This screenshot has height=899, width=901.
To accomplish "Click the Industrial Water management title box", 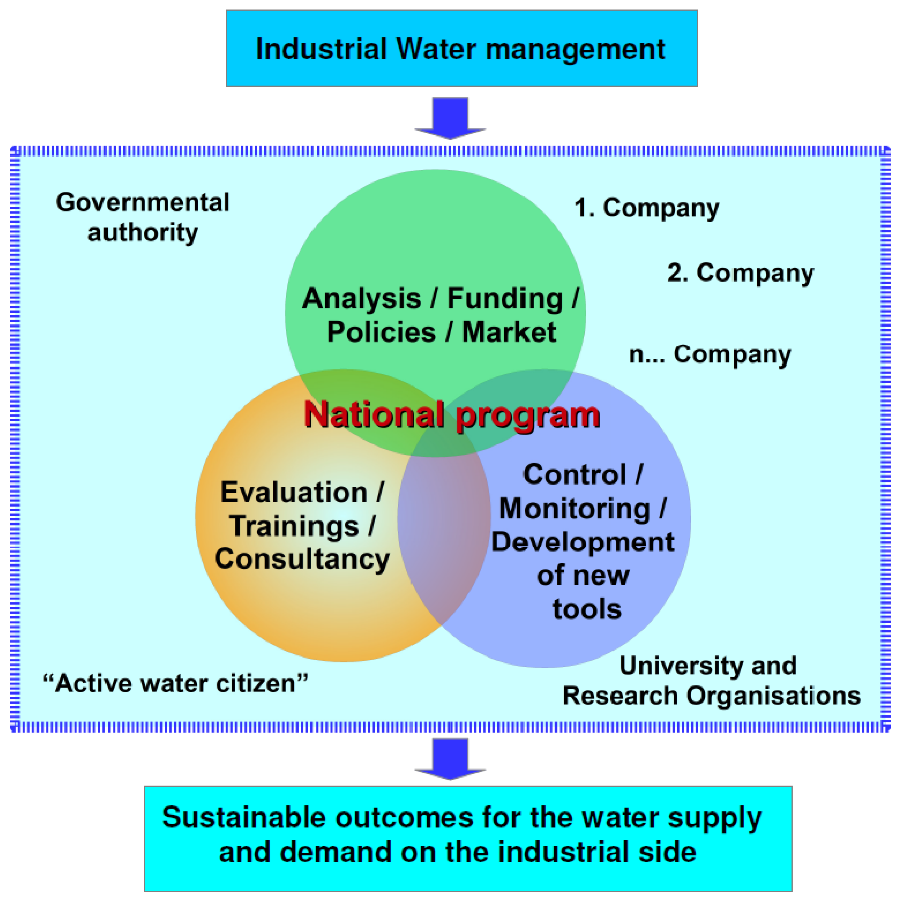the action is (x=461, y=48).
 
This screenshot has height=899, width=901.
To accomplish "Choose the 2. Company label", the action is (x=740, y=273).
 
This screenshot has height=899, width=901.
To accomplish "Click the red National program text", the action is (x=452, y=415).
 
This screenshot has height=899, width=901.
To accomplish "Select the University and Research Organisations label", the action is (x=711, y=681).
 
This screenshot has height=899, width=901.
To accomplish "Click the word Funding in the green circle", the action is (x=505, y=299).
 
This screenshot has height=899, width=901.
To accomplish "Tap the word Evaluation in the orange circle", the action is (x=294, y=493).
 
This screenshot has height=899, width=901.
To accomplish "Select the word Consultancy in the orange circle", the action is (x=302, y=559).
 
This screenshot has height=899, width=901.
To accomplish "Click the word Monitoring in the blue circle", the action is (x=575, y=508).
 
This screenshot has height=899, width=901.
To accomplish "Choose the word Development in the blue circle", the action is (x=583, y=542).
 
